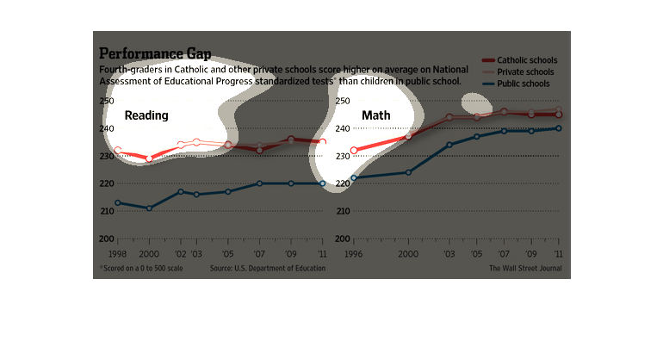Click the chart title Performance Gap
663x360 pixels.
[x=155, y=53]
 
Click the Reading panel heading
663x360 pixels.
[x=146, y=115]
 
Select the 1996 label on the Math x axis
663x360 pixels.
[x=353, y=256]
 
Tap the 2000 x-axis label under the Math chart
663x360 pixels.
[x=409, y=256]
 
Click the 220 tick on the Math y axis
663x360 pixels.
[x=343, y=183]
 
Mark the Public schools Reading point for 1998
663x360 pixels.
[x=118, y=203]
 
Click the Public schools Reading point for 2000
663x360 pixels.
[x=149, y=208]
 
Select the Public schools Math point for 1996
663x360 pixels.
[x=354, y=178]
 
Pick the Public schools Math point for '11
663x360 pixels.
[x=559, y=128]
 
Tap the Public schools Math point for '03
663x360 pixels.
[x=449, y=145]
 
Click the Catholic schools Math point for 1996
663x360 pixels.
[x=354, y=151]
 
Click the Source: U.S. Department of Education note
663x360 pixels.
[x=268, y=269]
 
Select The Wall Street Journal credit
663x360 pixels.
[x=525, y=269]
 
